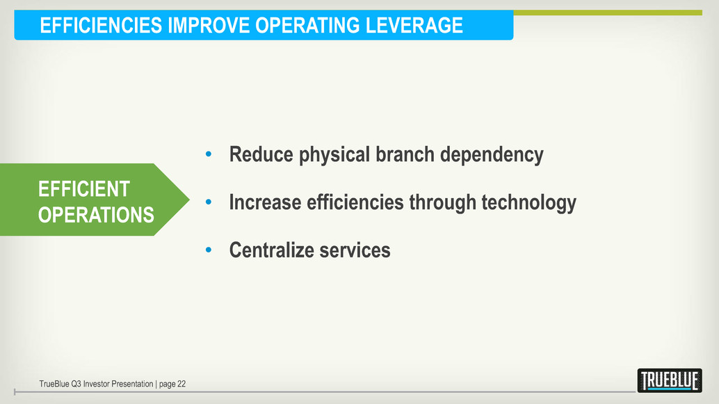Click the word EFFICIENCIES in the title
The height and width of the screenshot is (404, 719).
[x=101, y=25]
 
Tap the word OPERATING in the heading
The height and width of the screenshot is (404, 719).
[x=307, y=25]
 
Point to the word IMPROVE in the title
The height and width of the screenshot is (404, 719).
[x=209, y=25]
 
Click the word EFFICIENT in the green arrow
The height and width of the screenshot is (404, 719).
[x=84, y=189]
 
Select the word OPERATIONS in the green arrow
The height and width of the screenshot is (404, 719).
[x=96, y=215]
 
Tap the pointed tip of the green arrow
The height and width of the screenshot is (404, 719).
[x=189, y=200]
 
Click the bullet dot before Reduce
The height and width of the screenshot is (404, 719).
[x=209, y=154]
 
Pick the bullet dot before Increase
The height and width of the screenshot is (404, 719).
[x=209, y=202]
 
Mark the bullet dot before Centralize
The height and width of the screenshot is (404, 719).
[x=209, y=250]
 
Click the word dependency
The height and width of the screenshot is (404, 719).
[x=492, y=155]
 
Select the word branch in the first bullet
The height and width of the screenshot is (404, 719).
[x=405, y=154]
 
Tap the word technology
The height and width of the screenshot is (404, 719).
[x=528, y=203]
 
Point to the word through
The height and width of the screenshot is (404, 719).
[x=442, y=203]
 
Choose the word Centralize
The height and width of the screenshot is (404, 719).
[x=271, y=250]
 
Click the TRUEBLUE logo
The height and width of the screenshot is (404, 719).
[x=670, y=380]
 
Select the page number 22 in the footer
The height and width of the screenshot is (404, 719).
[x=181, y=384]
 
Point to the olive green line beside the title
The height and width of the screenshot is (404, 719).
[x=608, y=13]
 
